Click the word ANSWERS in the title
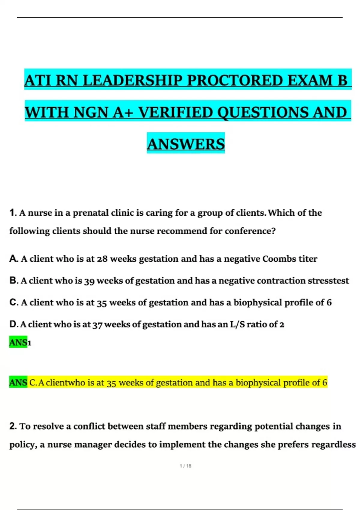point(186,144)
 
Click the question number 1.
point(12,213)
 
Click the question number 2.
point(12,426)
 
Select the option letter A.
point(13,259)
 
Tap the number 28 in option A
point(102,259)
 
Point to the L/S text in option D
point(237,324)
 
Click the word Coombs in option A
point(279,259)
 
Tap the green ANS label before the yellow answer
point(18,382)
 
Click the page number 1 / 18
point(185,466)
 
